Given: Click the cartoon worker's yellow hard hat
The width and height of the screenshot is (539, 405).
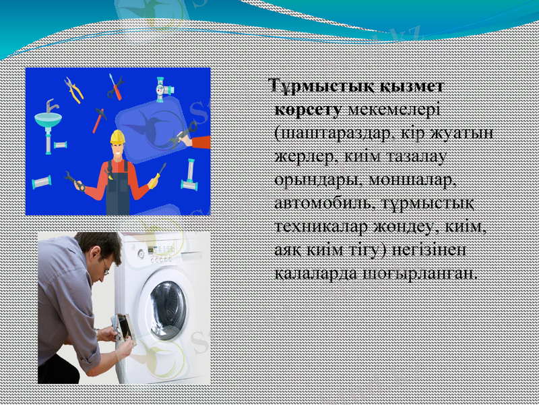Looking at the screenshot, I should tap(118, 137).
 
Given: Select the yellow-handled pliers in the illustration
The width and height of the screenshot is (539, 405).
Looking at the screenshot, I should tap(73, 90).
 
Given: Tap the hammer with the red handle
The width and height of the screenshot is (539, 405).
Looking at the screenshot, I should tap(99, 119).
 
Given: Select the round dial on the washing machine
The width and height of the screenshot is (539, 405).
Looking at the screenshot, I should tap(141, 254).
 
